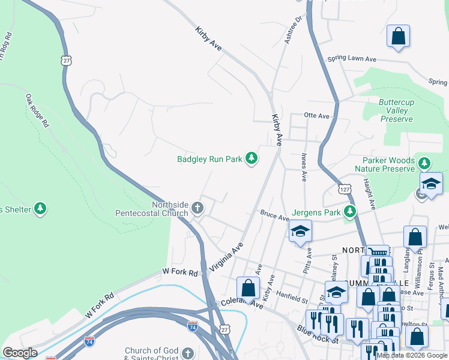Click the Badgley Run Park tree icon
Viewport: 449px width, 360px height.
point(252,159)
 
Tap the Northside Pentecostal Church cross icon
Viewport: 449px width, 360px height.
point(197,209)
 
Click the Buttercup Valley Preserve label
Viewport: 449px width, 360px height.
point(396,110)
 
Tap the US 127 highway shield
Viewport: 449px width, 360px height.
point(344,189)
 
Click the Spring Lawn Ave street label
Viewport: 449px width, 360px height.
point(351,59)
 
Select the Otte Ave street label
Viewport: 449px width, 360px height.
point(317,116)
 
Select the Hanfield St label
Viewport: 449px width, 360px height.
point(292,295)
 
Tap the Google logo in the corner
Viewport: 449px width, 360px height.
point(19,353)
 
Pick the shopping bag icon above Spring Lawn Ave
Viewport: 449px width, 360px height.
point(398,36)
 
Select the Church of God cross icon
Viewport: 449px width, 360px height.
point(188,353)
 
